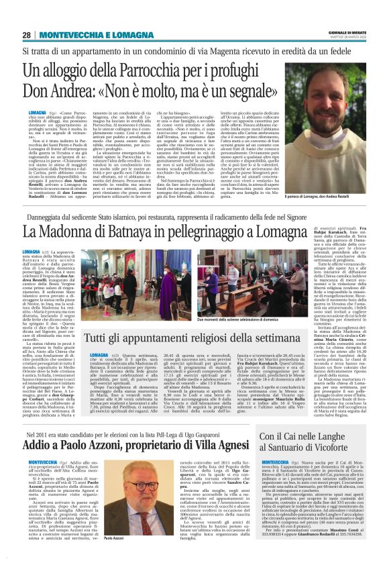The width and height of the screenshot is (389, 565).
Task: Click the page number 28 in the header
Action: point(25,35)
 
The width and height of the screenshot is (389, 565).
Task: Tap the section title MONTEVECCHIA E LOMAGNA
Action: point(93,35)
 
